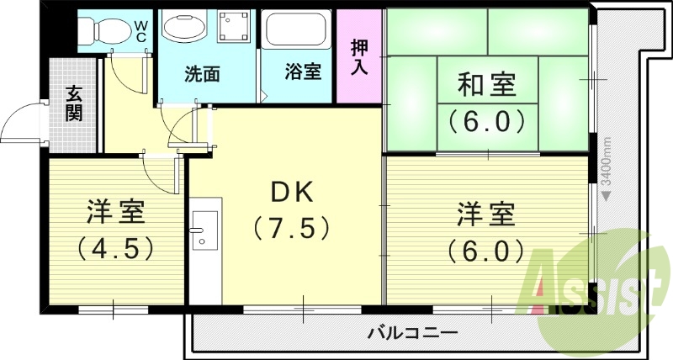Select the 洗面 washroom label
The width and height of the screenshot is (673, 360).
[202, 73]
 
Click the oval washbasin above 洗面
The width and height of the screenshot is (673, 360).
[183, 28]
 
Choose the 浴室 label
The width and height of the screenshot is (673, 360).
[303, 73]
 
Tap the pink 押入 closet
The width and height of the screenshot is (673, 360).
[360, 55]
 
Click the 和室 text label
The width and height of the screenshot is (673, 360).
[486, 86]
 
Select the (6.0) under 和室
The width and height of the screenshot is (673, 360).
[486, 123]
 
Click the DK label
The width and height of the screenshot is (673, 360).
[291, 193]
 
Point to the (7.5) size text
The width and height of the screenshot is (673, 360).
[291, 228]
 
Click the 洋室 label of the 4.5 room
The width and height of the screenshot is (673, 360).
[116, 213]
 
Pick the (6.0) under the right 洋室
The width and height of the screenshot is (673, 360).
[486, 250]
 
